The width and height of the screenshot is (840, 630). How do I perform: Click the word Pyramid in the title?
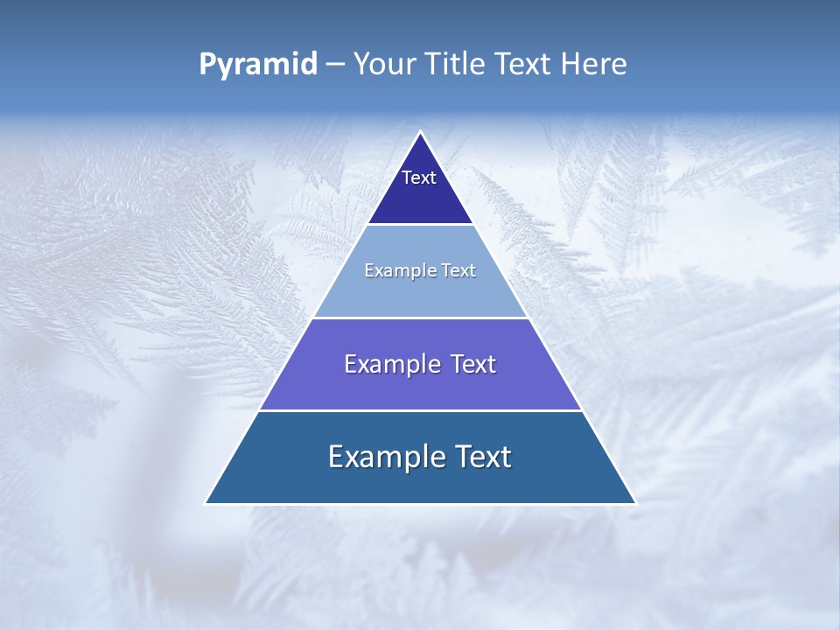[x=258, y=65]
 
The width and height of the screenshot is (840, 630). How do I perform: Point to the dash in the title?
[x=334, y=65]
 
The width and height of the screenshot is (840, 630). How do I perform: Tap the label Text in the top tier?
[x=419, y=178]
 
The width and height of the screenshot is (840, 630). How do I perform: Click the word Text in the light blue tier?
[x=459, y=270]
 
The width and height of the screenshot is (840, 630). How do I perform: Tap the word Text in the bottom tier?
[x=482, y=457]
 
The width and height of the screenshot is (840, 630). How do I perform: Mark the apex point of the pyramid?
[x=420, y=133]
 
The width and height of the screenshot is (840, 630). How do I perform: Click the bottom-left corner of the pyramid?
[x=206, y=502]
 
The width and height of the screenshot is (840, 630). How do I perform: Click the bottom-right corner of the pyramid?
[x=634, y=502]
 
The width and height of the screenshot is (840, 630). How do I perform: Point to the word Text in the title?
[x=525, y=64]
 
